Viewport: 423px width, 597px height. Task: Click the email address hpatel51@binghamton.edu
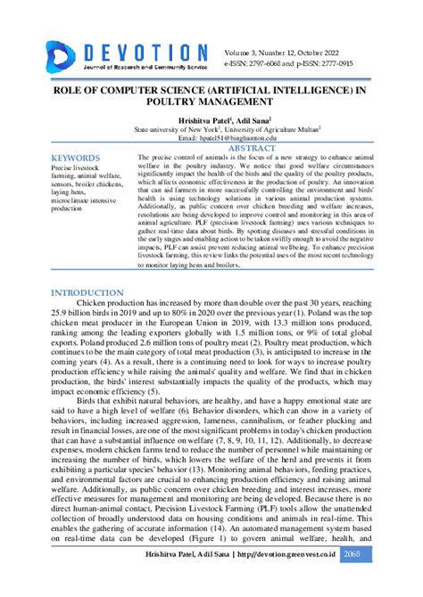[211, 139]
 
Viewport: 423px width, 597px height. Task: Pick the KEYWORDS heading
[79, 158]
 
